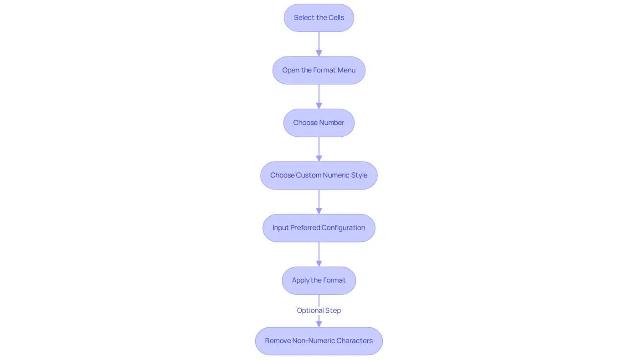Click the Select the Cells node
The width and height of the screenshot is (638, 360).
319,18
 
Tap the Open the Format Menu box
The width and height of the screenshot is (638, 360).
319,70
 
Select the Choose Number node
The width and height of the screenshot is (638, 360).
319,123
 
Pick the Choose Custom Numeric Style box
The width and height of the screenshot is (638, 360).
319,175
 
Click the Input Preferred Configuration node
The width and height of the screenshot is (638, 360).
319,228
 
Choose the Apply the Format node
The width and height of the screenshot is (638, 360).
319,281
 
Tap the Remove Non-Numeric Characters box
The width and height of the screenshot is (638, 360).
319,341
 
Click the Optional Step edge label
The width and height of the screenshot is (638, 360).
319,310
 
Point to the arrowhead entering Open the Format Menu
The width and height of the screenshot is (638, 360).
319,53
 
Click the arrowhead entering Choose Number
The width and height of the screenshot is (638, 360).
319,106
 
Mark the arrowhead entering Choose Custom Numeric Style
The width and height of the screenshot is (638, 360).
319,159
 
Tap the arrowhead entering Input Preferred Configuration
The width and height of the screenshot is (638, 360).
319,211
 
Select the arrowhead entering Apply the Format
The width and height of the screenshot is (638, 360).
319,263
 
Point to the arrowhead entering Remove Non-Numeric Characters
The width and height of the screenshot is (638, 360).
319,324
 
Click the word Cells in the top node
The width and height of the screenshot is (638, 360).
336,18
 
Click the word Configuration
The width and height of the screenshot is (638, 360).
343,228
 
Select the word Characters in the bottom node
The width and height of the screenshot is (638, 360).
355,341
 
